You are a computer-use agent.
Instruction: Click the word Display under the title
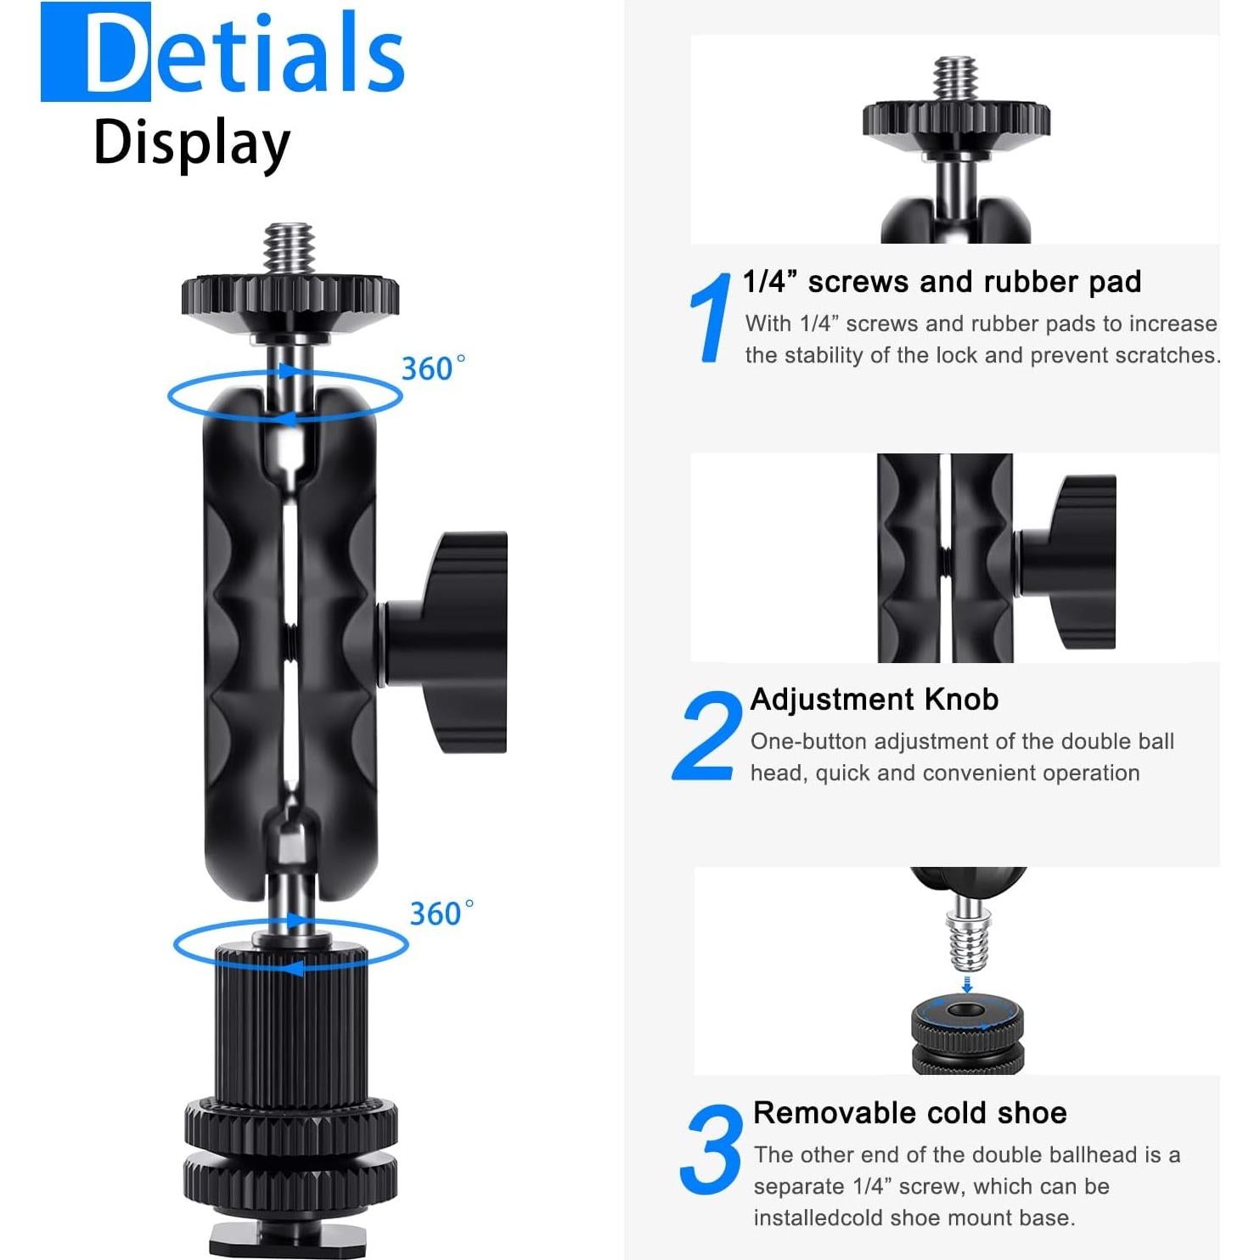tap(192, 143)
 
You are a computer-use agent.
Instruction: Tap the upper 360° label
tap(433, 368)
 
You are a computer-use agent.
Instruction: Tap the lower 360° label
tap(442, 914)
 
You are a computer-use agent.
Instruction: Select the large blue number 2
tap(706, 736)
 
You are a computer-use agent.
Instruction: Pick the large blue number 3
tap(712, 1150)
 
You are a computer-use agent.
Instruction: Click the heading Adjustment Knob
tap(874, 699)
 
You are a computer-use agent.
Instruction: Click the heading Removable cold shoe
tap(909, 1112)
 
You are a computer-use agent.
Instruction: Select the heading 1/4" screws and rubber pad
tap(941, 282)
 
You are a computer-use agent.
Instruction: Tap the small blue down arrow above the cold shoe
tap(967, 983)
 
